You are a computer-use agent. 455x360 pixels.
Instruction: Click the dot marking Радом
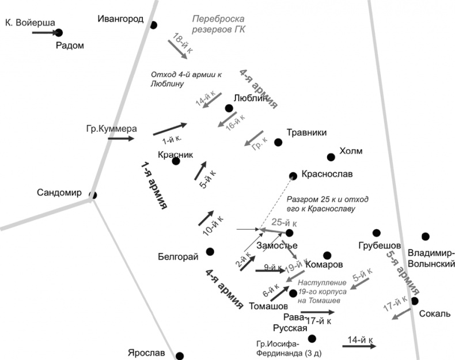pyautogui.click(x=58, y=33)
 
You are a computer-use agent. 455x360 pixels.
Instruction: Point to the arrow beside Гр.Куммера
pyautogui.click(x=121, y=138)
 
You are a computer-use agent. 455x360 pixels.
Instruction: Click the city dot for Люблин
pyautogui.click(x=229, y=108)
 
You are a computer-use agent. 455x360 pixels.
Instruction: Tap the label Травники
pyautogui.click(x=306, y=132)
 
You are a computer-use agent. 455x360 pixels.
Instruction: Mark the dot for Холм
pyautogui.click(x=331, y=157)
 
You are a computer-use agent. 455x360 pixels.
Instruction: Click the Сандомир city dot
pyautogui.click(x=92, y=195)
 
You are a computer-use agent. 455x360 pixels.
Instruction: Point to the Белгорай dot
pyautogui.click(x=210, y=251)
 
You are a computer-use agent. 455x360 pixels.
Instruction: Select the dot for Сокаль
pyautogui.click(x=414, y=301)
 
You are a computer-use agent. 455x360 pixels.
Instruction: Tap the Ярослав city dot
pyautogui.click(x=180, y=356)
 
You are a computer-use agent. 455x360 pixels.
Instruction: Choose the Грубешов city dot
pyautogui.click(x=377, y=233)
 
